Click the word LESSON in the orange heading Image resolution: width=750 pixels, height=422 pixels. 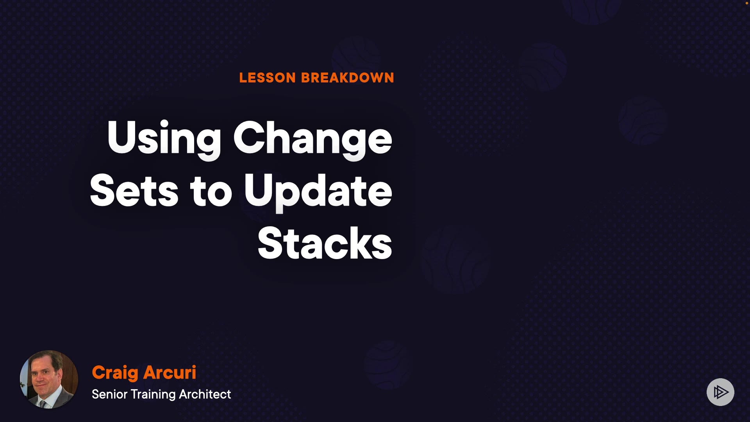(268, 78)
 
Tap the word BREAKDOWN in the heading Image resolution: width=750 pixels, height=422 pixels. (348, 78)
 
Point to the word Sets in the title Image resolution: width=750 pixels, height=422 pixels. (134, 190)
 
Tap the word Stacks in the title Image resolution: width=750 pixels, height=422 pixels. (325, 243)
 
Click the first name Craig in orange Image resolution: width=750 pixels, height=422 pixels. (115, 373)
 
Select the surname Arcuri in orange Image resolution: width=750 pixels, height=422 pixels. (170, 372)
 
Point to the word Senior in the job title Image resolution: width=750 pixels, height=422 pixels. (110, 394)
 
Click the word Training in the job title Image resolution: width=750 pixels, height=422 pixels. (153, 395)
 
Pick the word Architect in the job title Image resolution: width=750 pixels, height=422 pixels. (205, 394)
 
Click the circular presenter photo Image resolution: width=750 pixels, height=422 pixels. (49, 379)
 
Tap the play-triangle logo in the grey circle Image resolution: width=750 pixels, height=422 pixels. (721, 392)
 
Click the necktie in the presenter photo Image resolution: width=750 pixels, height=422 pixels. (43, 404)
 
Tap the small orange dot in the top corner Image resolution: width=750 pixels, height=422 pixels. (746, 3)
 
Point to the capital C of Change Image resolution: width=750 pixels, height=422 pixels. (249, 137)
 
